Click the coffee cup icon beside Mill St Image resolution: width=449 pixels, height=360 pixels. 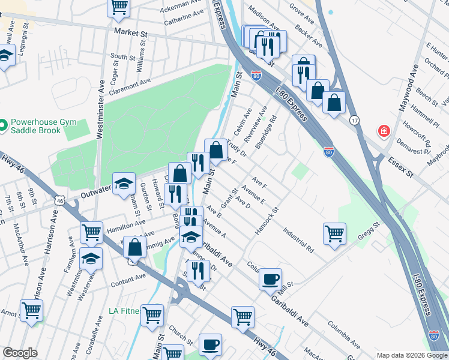click(270, 278)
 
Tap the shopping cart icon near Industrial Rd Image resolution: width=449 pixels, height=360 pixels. click(334, 233)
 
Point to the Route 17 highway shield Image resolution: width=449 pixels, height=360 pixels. click(355, 120)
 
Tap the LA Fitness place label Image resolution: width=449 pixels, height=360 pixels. click(124, 311)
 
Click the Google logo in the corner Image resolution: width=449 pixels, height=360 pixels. click(20, 353)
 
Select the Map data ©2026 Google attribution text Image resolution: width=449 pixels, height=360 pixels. click(412, 355)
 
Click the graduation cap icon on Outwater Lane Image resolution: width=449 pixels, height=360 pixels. click(123, 182)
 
